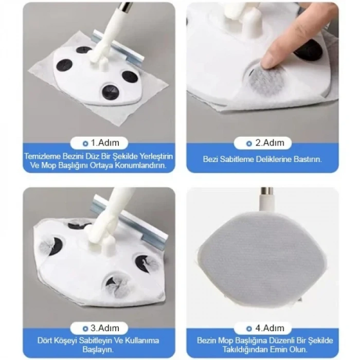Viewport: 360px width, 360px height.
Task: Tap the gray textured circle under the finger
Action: click(266, 81)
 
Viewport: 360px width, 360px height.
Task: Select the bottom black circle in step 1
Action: click(110, 92)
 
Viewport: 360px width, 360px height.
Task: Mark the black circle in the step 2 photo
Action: click(310, 50)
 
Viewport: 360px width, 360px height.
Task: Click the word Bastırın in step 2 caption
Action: click(307, 160)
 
